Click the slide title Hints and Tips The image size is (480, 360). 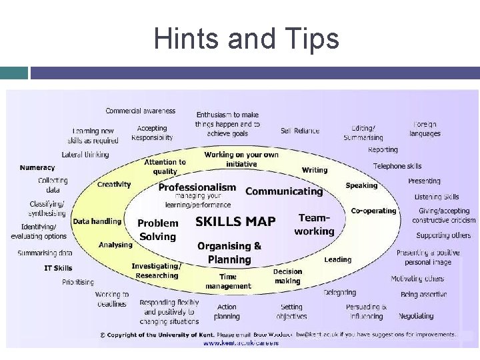[x=246, y=39]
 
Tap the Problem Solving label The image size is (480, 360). [x=158, y=230]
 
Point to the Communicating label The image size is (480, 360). [x=284, y=191]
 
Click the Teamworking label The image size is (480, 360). [x=314, y=225]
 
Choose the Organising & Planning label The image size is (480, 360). [x=229, y=253]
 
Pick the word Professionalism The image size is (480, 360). [x=197, y=187]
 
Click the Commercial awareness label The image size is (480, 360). [x=141, y=111]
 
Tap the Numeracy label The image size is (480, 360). [x=37, y=168]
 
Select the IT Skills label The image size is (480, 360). [x=58, y=268]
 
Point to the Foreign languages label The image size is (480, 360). [x=425, y=129]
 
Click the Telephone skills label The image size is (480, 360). [x=397, y=166]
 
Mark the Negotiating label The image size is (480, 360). [x=416, y=316]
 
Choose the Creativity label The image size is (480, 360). [x=114, y=185]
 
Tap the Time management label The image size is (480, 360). [x=228, y=281]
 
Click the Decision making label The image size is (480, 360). [x=287, y=276]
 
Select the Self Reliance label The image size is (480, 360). [x=300, y=131]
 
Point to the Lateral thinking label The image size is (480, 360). [x=85, y=155]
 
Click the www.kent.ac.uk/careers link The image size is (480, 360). [x=241, y=343]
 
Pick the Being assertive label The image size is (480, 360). [x=423, y=294]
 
